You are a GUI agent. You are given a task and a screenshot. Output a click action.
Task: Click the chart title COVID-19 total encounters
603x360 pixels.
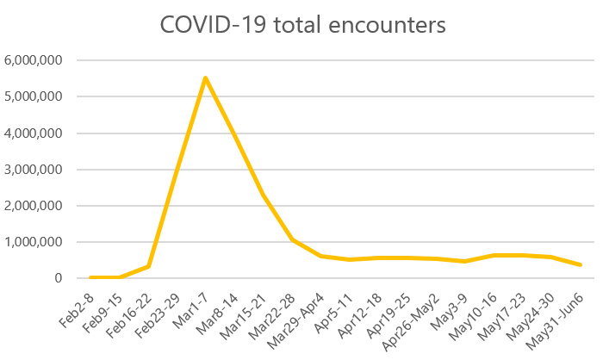point(302,25)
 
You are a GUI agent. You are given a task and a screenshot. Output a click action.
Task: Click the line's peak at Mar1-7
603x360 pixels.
point(205,78)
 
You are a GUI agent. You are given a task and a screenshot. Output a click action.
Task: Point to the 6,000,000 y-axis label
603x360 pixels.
point(34,60)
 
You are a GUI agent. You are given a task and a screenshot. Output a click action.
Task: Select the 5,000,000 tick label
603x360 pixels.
point(34,96)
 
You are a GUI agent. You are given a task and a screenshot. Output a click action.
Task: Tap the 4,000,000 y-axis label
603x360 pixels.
point(34,133)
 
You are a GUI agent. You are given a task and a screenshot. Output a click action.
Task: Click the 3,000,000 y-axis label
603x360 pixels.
point(34,170)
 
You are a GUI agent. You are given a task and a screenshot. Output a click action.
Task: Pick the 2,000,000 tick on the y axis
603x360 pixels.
point(34,206)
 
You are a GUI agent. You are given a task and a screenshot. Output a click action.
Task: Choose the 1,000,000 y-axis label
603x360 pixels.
point(34,242)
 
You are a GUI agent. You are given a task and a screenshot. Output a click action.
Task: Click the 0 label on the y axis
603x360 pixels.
point(59,278)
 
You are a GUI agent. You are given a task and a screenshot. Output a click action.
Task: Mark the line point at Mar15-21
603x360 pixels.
point(263,194)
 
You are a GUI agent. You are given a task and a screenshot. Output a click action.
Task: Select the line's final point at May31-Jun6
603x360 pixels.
point(580,264)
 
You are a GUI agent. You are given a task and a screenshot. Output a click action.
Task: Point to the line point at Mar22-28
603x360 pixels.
point(292,239)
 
